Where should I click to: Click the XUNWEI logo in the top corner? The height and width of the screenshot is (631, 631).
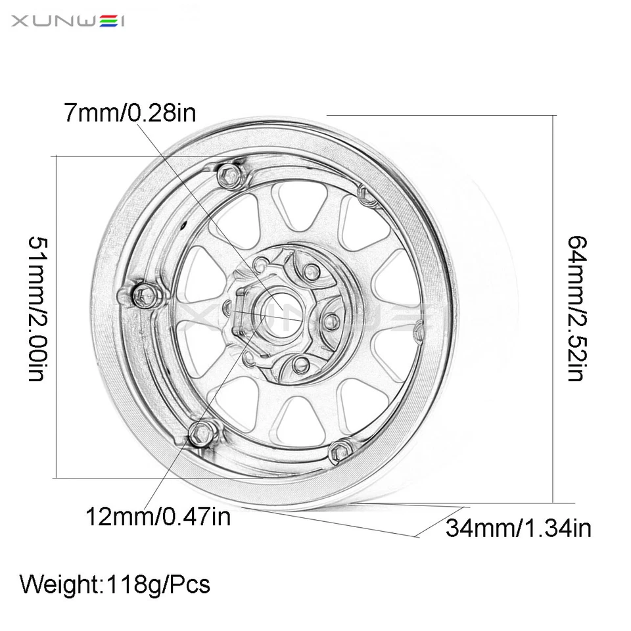[68, 22]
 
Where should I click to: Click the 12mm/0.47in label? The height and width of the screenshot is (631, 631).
[158, 517]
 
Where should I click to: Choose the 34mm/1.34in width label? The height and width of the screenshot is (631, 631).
[518, 527]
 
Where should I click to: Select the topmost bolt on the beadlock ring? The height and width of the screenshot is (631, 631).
[228, 175]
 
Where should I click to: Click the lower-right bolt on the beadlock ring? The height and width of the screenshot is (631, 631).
[339, 452]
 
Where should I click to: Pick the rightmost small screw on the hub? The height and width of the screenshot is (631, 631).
[333, 321]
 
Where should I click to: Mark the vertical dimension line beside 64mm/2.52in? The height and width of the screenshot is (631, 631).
[556, 308]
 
